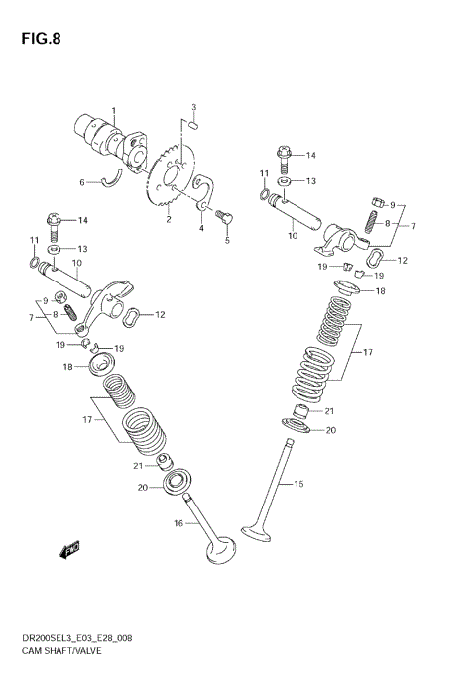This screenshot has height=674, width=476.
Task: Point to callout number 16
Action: [178, 524]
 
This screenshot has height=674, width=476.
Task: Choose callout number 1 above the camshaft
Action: [113, 110]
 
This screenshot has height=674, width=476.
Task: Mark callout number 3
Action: [194, 107]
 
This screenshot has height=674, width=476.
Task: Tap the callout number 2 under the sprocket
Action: [169, 220]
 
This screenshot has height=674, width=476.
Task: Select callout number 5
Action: [226, 240]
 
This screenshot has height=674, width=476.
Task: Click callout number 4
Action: [201, 229]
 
